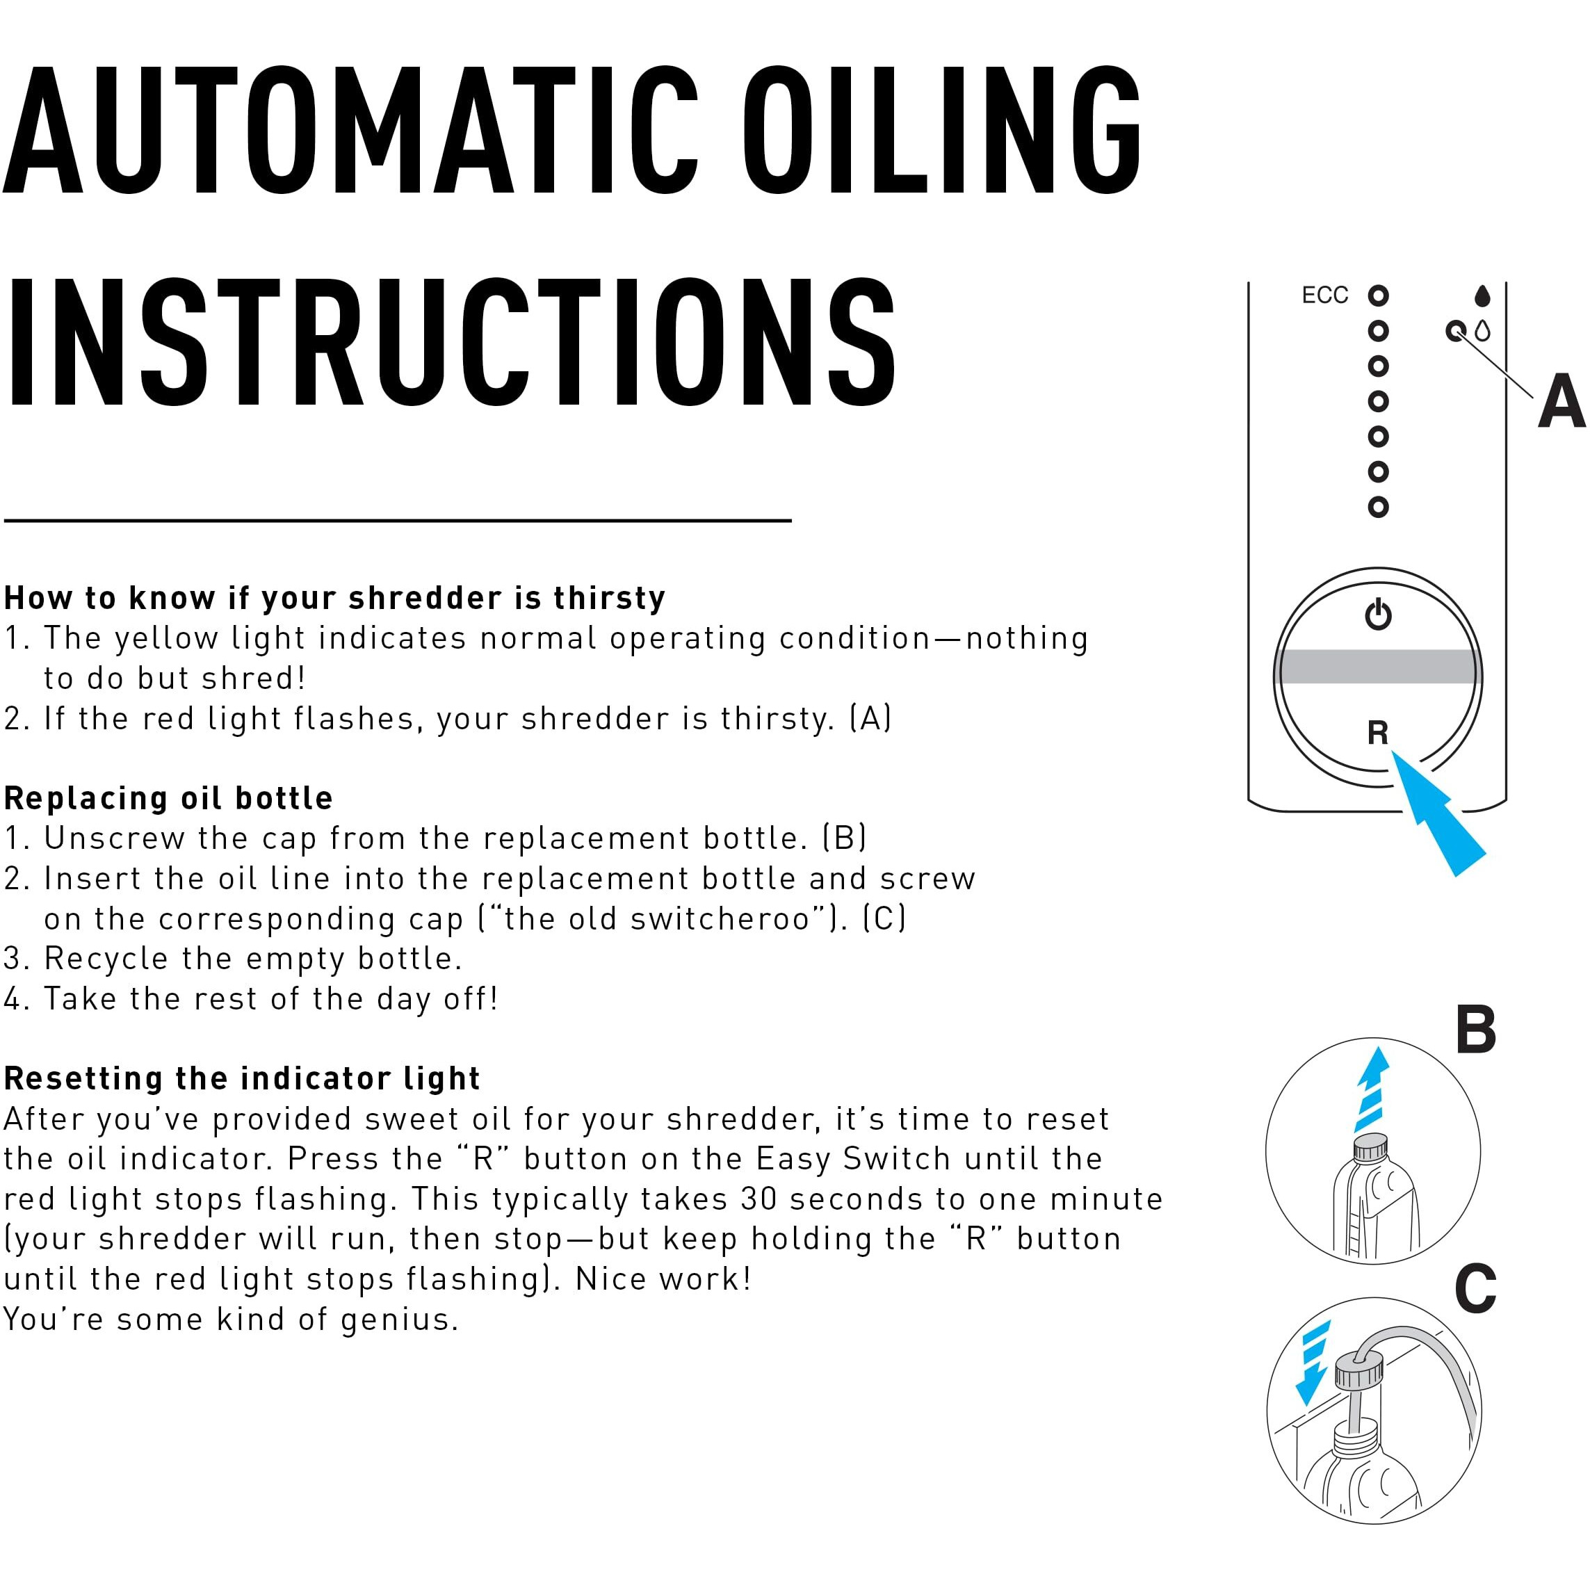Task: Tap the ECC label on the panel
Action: click(1325, 295)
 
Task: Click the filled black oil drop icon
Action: click(1482, 295)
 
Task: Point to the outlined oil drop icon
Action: click(1482, 332)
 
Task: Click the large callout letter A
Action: click(1560, 403)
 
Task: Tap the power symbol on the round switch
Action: click(1378, 614)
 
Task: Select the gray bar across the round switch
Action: click(1378, 667)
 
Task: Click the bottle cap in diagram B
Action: click(1371, 1146)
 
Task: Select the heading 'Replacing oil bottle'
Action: click(168, 798)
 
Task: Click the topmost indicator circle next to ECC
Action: click(1379, 295)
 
